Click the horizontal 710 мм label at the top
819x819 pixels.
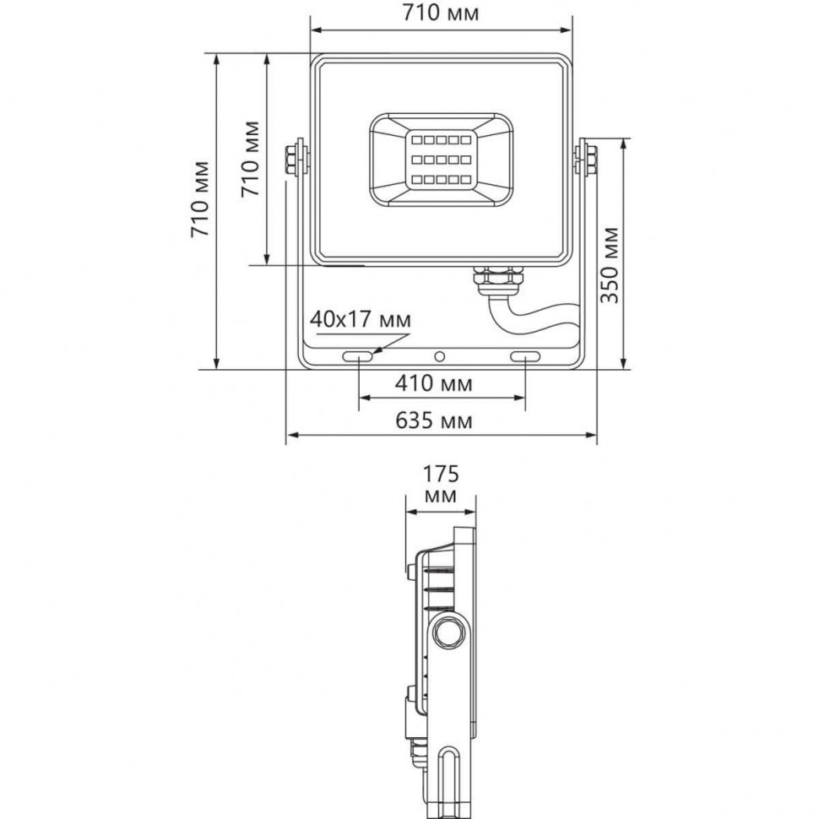pyautogui.click(x=441, y=14)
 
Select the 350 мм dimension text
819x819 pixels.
pyautogui.click(x=610, y=264)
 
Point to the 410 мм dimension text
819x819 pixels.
pyautogui.click(x=434, y=383)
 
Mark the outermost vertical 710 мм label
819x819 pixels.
pyautogui.click(x=200, y=198)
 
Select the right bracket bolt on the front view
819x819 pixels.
pyautogui.click(x=585, y=159)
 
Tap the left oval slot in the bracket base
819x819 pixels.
pyautogui.click(x=359, y=358)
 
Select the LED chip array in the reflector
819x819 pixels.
pyautogui.click(x=440, y=159)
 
